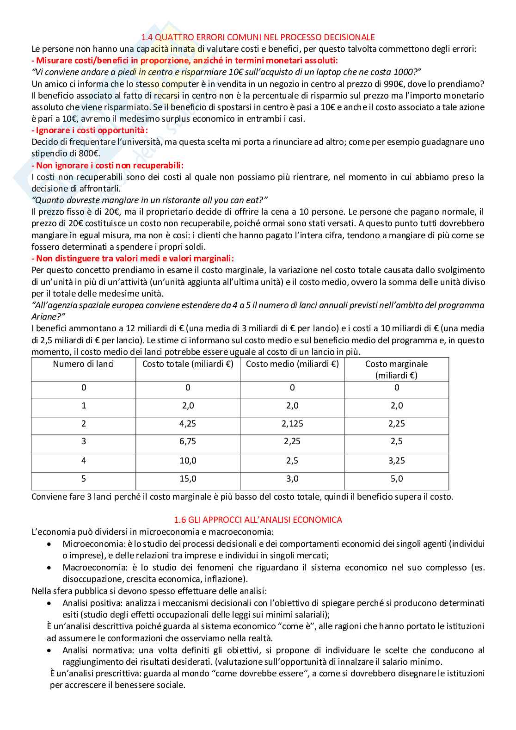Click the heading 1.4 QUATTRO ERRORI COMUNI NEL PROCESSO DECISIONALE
click(x=258, y=37)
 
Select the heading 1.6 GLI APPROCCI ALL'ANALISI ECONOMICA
click(x=258, y=520)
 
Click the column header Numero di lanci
click(x=83, y=364)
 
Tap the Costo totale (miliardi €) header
click(x=188, y=364)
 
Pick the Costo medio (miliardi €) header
click(x=292, y=364)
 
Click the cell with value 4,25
click(x=188, y=423)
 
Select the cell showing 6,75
click(x=188, y=441)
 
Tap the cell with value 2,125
click(x=292, y=423)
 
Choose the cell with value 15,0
click(x=188, y=478)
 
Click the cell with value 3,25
click(x=397, y=460)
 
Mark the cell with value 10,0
click(x=188, y=460)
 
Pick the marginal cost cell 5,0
click(x=397, y=478)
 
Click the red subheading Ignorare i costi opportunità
click(x=90, y=130)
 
